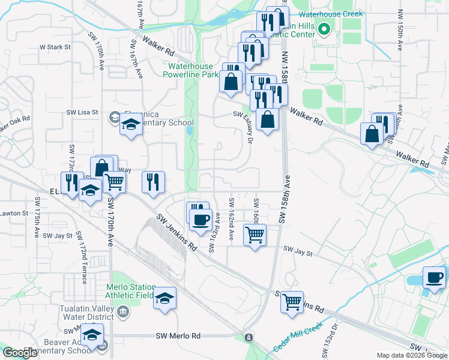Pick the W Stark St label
[55, 46]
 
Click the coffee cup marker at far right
[434, 277]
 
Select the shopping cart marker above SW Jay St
[255, 235]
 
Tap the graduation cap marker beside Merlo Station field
[164, 298]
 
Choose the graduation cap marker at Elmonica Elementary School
[130, 125]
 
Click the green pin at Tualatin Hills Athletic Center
[325, 28]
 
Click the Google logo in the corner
[20, 353]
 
